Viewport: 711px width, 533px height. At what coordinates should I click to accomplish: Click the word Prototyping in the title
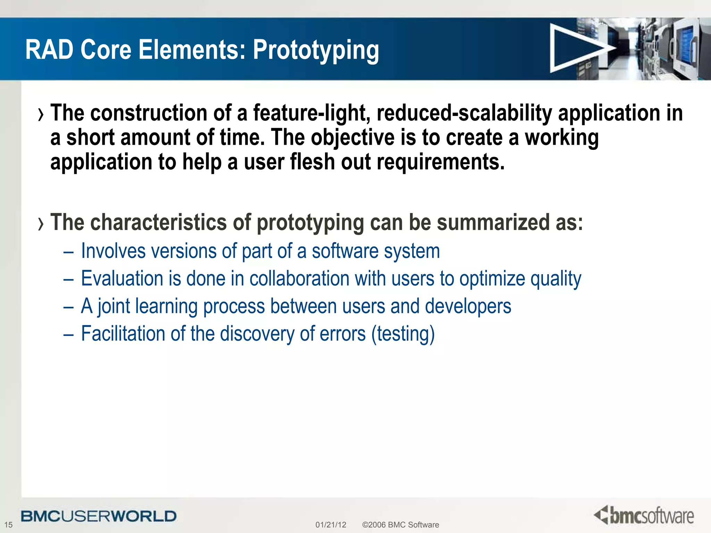[316, 51]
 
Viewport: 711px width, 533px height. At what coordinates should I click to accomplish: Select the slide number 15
[8, 525]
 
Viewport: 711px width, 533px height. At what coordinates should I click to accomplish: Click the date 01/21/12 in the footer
[331, 525]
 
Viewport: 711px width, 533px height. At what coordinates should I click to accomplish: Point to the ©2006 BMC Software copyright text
[400, 525]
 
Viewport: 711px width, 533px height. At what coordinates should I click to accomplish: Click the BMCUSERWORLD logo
[99, 516]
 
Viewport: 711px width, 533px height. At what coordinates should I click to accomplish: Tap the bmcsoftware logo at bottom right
[644, 515]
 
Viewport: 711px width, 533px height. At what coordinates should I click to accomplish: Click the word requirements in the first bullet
[440, 162]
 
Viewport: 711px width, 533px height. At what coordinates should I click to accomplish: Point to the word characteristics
[158, 222]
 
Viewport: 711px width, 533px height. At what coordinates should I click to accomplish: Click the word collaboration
[299, 279]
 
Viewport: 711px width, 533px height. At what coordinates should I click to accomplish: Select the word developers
[468, 306]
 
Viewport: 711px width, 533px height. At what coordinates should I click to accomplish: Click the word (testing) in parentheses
[403, 334]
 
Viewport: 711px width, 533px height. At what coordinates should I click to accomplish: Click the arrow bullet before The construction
[41, 115]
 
